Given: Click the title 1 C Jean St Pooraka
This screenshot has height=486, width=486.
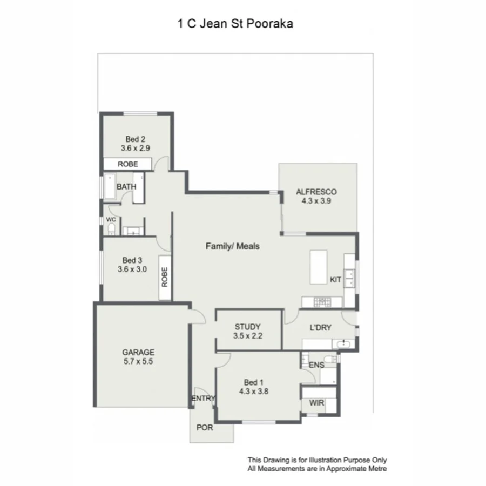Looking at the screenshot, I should click(x=235, y=24).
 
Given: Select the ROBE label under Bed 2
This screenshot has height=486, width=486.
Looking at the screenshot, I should click(x=127, y=164).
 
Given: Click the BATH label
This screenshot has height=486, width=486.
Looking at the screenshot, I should click(x=126, y=187).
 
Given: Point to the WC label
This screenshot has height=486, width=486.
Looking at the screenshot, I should click(x=111, y=220).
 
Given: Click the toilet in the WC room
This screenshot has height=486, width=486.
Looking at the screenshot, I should click(x=111, y=231).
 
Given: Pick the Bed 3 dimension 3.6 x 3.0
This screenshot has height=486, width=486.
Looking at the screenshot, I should click(x=132, y=269).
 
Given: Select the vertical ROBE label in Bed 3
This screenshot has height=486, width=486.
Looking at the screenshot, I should click(x=165, y=278).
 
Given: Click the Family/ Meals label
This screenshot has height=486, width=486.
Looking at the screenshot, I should click(x=233, y=246).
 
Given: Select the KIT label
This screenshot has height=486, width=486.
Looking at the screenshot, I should click(x=335, y=280).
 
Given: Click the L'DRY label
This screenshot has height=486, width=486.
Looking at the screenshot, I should click(x=320, y=327).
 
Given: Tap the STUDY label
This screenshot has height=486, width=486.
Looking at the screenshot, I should click(x=248, y=327).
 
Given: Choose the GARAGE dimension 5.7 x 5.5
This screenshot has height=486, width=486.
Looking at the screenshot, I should click(x=138, y=362).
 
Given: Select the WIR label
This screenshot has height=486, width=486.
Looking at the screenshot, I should click(x=316, y=403).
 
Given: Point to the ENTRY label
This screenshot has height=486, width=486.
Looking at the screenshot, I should click(x=203, y=399).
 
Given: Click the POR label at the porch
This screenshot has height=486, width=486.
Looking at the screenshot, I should click(x=205, y=428).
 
